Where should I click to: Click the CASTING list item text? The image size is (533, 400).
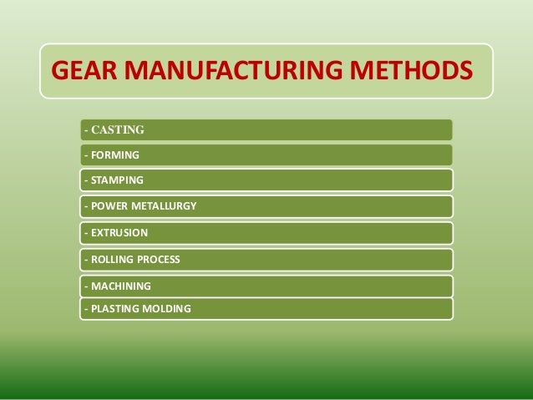pos(117,129)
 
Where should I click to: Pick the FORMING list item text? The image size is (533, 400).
pos(115,154)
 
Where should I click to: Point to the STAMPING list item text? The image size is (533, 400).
pos(117,180)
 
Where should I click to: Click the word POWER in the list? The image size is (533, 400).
pos(107,206)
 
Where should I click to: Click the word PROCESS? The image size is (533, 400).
pos(159,260)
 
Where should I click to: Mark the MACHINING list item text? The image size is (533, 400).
pos(120,286)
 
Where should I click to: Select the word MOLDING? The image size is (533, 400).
pos(167,309)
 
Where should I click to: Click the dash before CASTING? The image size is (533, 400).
pos(85,129)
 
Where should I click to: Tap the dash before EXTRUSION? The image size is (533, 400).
pos(85,233)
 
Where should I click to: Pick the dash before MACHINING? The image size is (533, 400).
pos(85,286)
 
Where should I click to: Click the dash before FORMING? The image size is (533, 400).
pos(85,154)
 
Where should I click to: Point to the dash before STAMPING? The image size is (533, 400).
pos(85,180)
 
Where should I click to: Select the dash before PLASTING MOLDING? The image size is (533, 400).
pos(85,309)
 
